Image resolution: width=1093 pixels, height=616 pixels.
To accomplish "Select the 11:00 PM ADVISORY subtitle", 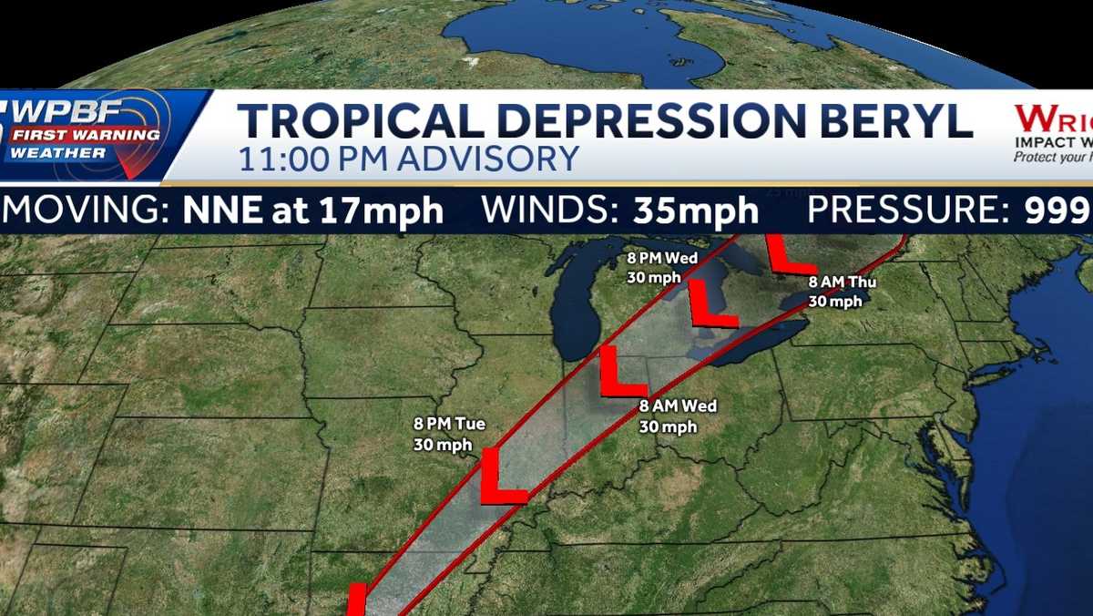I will (x=408, y=159).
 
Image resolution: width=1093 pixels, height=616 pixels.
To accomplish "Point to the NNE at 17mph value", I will (x=313, y=210).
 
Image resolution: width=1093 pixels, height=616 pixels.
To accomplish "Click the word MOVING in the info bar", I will (x=87, y=210).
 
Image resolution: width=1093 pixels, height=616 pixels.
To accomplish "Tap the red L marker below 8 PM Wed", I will (x=709, y=304).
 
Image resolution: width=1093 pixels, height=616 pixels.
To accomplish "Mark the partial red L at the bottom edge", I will (x=357, y=601).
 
